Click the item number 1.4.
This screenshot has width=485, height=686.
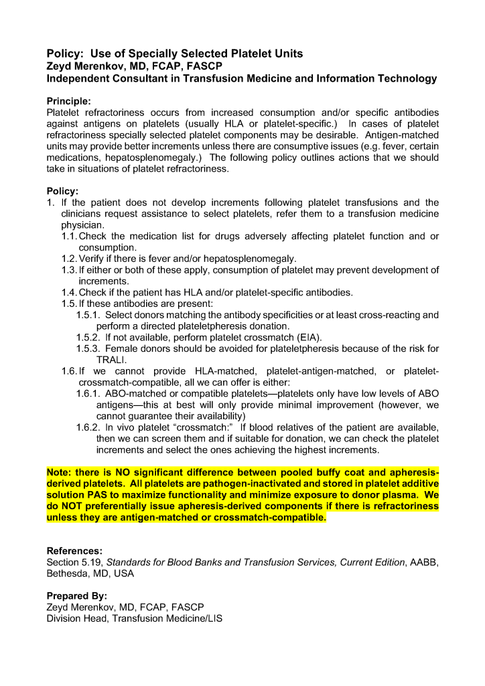point(69,292)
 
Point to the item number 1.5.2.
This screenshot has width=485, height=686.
point(88,337)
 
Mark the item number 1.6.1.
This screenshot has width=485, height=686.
point(88,394)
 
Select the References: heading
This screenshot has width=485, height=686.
point(74,551)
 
